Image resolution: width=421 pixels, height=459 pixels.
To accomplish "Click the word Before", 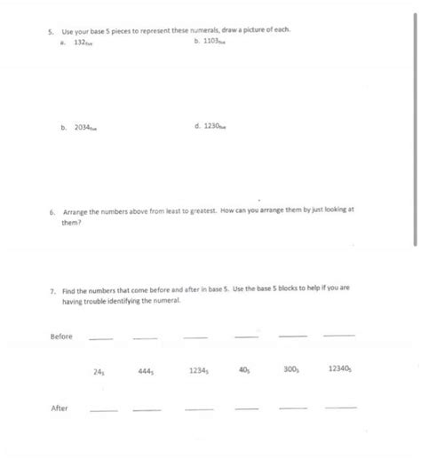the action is [x=61, y=336].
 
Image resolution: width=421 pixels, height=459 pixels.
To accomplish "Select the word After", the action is [x=60, y=408].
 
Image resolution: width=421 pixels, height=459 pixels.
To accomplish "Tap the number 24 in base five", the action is [x=99, y=371].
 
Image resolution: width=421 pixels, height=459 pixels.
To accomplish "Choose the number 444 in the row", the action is [x=146, y=371].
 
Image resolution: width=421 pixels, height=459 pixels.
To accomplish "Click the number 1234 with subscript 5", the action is [x=199, y=371].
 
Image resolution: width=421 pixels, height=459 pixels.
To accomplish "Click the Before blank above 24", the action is [x=101, y=338].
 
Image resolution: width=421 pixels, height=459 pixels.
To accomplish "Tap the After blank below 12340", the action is [x=340, y=408].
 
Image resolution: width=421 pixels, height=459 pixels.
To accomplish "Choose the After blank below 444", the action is [x=147, y=409].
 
